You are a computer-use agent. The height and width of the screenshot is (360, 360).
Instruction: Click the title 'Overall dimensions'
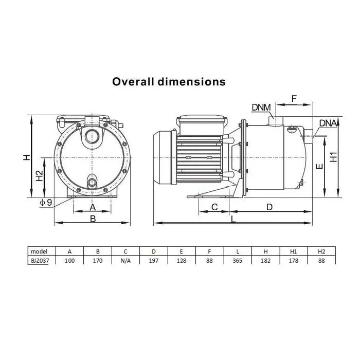(169, 82)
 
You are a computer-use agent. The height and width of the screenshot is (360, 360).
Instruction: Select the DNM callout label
(261, 107)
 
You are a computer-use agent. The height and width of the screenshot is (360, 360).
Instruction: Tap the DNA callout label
(328, 123)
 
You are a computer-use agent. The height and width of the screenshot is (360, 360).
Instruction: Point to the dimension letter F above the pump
(294, 99)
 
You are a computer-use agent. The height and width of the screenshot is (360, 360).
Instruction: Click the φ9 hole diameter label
(46, 203)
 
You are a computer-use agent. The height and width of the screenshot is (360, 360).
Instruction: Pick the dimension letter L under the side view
(233, 219)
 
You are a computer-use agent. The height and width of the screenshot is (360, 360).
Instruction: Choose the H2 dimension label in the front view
(39, 176)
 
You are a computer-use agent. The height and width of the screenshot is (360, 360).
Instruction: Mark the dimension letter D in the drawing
(269, 207)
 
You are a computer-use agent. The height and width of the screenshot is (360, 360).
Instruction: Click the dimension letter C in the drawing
(214, 207)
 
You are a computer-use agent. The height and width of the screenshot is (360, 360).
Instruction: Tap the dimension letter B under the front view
(93, 219)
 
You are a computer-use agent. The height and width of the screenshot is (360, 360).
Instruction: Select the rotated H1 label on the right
(333, 157)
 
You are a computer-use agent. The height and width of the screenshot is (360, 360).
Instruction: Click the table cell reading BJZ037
(40, 261)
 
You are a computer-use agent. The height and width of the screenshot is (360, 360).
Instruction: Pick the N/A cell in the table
(125, 261)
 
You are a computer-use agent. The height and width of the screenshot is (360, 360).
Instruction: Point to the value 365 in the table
(238, 261)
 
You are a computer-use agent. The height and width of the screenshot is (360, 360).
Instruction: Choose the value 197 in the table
(154, 261)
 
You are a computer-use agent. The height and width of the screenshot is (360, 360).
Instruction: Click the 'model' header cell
(39, 251)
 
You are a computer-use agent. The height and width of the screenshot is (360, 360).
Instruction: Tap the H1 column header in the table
(294, 251)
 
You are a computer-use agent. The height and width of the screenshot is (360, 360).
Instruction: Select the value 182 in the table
(265, 261)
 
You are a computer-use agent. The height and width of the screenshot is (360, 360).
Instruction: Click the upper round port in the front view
(92, 136)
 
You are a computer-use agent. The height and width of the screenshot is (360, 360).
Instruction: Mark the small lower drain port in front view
(92, 182)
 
